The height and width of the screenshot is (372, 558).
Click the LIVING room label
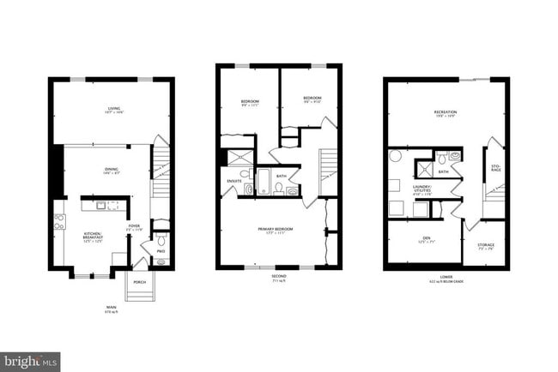pos(114,109)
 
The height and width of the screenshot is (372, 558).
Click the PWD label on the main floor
pos(161,251)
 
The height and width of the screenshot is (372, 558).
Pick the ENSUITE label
pos(234,181)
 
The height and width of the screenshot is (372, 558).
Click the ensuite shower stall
pos(233,159)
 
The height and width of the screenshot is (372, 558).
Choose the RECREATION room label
pos(445,112)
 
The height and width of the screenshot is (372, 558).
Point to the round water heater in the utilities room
pos(397,156)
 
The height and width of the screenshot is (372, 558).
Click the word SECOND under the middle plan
pos(278,276)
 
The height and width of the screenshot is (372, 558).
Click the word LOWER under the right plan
pos(446,276)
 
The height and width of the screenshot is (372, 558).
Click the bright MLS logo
pos(30,361)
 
